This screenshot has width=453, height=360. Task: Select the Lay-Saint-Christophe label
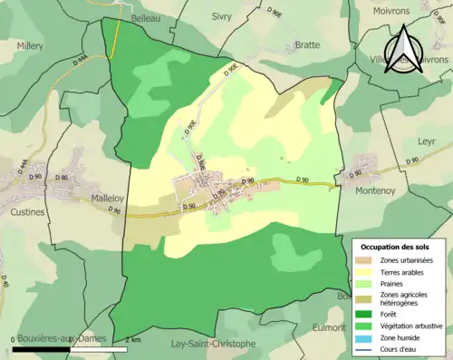pos(221,344)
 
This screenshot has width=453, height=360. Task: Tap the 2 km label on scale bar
pos(132,339)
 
